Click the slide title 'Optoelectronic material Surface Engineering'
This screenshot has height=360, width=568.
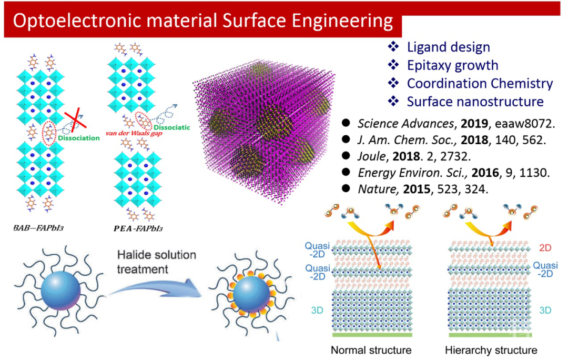(202, 21)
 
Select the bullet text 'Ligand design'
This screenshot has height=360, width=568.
(448, 47)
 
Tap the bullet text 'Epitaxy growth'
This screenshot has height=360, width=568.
(452, 65)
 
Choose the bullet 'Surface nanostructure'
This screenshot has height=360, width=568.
(475, 101)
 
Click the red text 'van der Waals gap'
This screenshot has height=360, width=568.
(133, 134)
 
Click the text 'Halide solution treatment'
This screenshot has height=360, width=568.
(157, 262)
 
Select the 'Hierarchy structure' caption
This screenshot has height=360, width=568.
(491, 350)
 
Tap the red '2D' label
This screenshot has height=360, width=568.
(544, 247)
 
